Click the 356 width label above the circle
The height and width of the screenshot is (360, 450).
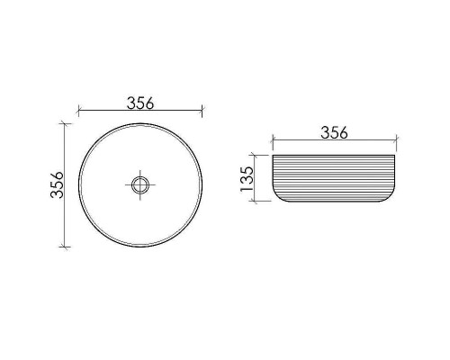[x=139, y=102]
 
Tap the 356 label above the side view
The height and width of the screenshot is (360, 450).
[x=333, y=132]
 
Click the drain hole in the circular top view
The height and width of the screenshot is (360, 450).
[x=139, y=185]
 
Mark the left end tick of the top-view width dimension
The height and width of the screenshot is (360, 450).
[x=78, y=112]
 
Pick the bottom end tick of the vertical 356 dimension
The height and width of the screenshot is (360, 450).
[x=63, y=247]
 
